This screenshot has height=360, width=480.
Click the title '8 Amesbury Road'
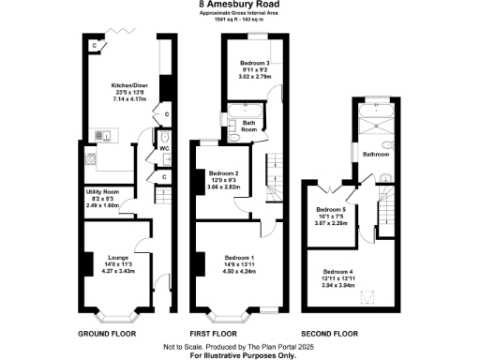click(239, 4)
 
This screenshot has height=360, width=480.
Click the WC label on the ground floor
click(163, 149)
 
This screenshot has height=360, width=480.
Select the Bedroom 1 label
click(240, 257)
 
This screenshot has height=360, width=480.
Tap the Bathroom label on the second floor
click(376, 154)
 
